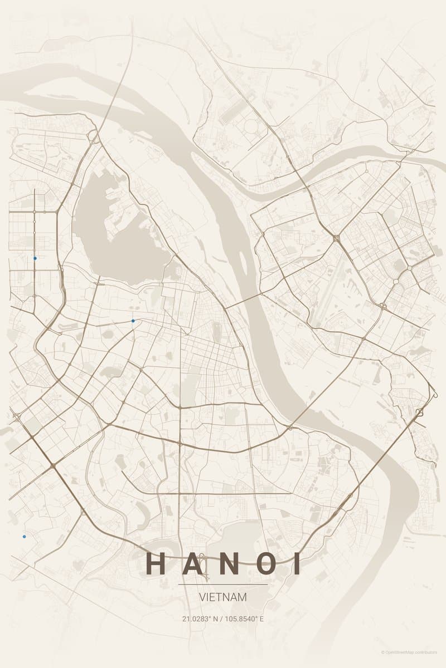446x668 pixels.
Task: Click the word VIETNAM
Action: point(223,597)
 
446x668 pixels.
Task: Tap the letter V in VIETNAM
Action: point(202,597)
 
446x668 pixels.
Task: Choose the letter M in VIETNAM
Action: point(243,597)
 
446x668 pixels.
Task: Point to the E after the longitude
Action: point(261,618)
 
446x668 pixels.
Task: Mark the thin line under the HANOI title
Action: point(223,584)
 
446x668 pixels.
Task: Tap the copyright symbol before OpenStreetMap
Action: point(383,652)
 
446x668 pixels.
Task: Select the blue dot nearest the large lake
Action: point(133,321)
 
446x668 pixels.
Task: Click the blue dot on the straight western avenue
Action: point(35,258)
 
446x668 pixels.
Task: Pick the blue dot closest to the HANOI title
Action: point(24,537)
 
